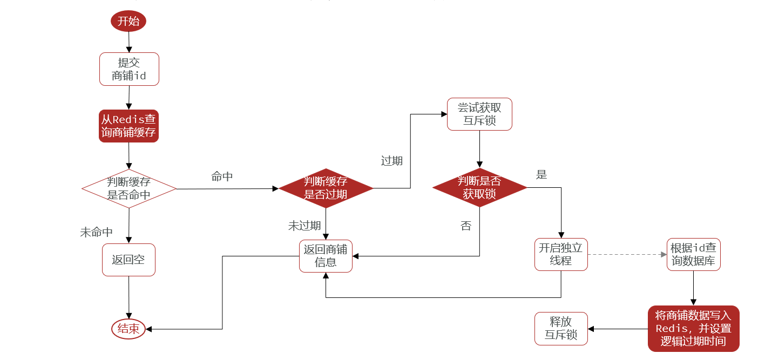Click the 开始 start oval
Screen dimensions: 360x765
tap(128, 22)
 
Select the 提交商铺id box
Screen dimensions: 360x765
tap(129, 69)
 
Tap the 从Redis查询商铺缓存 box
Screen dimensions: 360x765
tap(128, 126)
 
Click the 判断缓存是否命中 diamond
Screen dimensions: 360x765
tap(129, 188)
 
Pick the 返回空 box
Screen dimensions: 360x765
tap(128, 260)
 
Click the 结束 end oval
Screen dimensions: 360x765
tap(128, 329)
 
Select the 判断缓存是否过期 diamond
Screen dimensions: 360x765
tap(326, 188)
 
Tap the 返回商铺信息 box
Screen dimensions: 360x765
tap(326, 256)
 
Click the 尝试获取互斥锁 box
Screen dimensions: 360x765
tap(479, 114)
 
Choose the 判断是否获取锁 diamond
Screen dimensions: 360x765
tap(479, 187)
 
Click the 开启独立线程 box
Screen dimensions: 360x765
tap(561, 254)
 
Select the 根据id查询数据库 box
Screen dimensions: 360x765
tap(693, 254)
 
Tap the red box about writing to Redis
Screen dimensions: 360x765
tap(693, 328)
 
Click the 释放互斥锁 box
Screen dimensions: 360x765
tap(561, 328)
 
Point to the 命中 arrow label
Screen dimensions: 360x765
tap(222, 176)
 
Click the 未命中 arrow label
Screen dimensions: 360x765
tap(96, 232)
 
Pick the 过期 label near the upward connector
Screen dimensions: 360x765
tap(391, 161)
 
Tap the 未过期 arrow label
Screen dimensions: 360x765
tap(304, 226)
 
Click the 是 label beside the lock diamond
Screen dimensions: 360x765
tap(541, 174)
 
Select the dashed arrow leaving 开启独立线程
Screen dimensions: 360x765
tap(626, 254)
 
